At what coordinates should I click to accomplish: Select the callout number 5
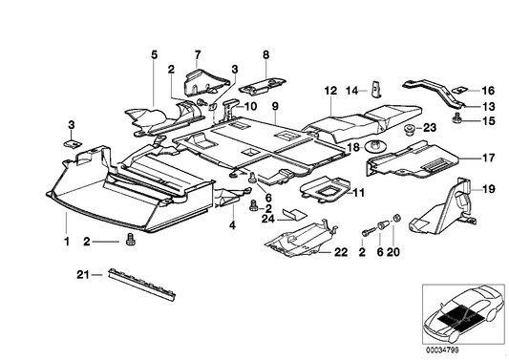tap(153, 54)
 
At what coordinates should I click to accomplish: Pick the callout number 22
tap(341, 252)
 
